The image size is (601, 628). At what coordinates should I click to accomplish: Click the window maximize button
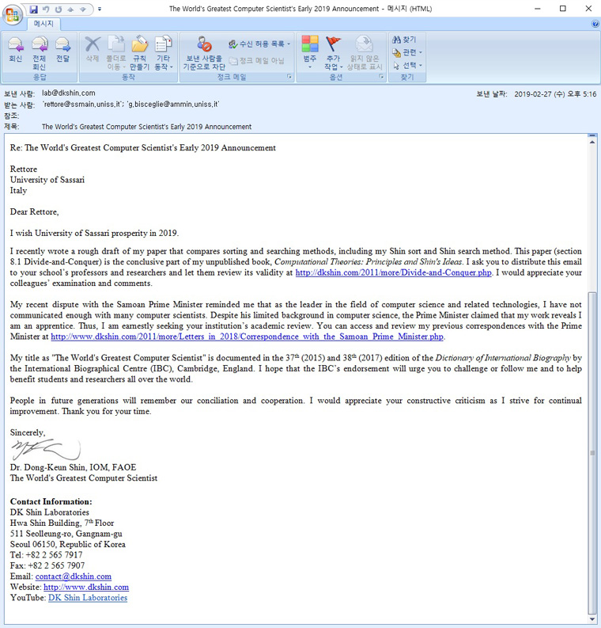(x=562, y=9)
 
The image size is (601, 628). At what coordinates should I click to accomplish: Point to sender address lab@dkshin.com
(x=68, y=93)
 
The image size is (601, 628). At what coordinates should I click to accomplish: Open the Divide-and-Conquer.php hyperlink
(x=393, y=273)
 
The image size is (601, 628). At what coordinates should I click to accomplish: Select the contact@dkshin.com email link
(x=73, y=577)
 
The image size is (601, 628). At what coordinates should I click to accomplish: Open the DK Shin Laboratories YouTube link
(x=87, y=598)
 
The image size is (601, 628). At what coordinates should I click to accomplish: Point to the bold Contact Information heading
(x=51, y=502)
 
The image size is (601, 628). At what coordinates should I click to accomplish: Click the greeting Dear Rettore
(x=34, y=211)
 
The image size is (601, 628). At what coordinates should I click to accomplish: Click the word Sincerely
(x=27, y=432)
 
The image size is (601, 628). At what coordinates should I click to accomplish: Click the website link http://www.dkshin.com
(x=85, y=587)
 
